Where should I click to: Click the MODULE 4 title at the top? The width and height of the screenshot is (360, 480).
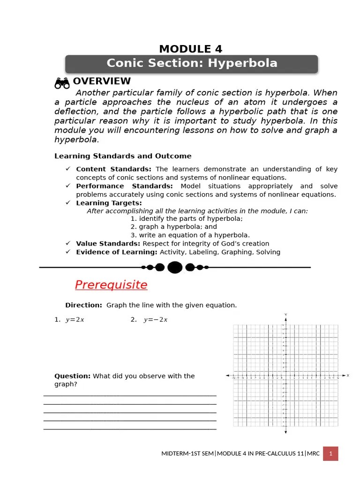(x=190, y=49)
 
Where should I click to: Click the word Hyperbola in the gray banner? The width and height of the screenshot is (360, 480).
(x=247, y=63)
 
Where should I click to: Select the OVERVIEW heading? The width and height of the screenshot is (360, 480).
(x=102, y=82)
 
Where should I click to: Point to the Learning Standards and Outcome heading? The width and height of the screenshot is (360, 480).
(x=123, y=156)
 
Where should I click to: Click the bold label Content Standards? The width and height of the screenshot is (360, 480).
(x=113, y=169)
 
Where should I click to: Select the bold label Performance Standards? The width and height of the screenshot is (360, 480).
(x=124, y=186)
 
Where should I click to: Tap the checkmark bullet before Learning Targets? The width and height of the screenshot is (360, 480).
(x=67, y=202)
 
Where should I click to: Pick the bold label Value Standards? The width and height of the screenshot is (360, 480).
(x=108, y=244)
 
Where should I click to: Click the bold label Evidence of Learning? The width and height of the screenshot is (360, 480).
(x=117, y=252)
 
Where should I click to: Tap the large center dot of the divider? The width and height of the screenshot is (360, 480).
(x=175, y=267)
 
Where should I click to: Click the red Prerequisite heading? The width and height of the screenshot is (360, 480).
(x=111, y=285)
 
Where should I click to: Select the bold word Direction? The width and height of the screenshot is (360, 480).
(x=83, y=305)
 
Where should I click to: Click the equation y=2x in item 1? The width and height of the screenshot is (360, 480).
(x=75, y=320)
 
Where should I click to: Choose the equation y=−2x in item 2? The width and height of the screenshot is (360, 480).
(x=156, y=320)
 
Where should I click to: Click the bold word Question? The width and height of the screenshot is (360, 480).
(x=73, y=376)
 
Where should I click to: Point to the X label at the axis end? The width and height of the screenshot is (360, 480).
(x=347, y=375)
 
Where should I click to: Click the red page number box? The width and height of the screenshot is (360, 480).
(x=330, y=453)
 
